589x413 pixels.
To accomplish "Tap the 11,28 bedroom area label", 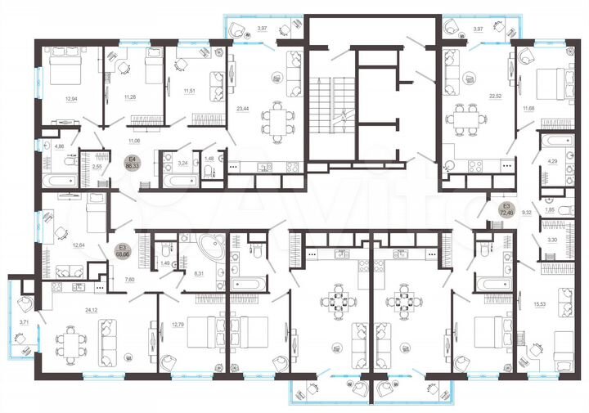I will pos(129,97).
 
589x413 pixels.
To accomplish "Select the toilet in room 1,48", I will pos(210,170).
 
